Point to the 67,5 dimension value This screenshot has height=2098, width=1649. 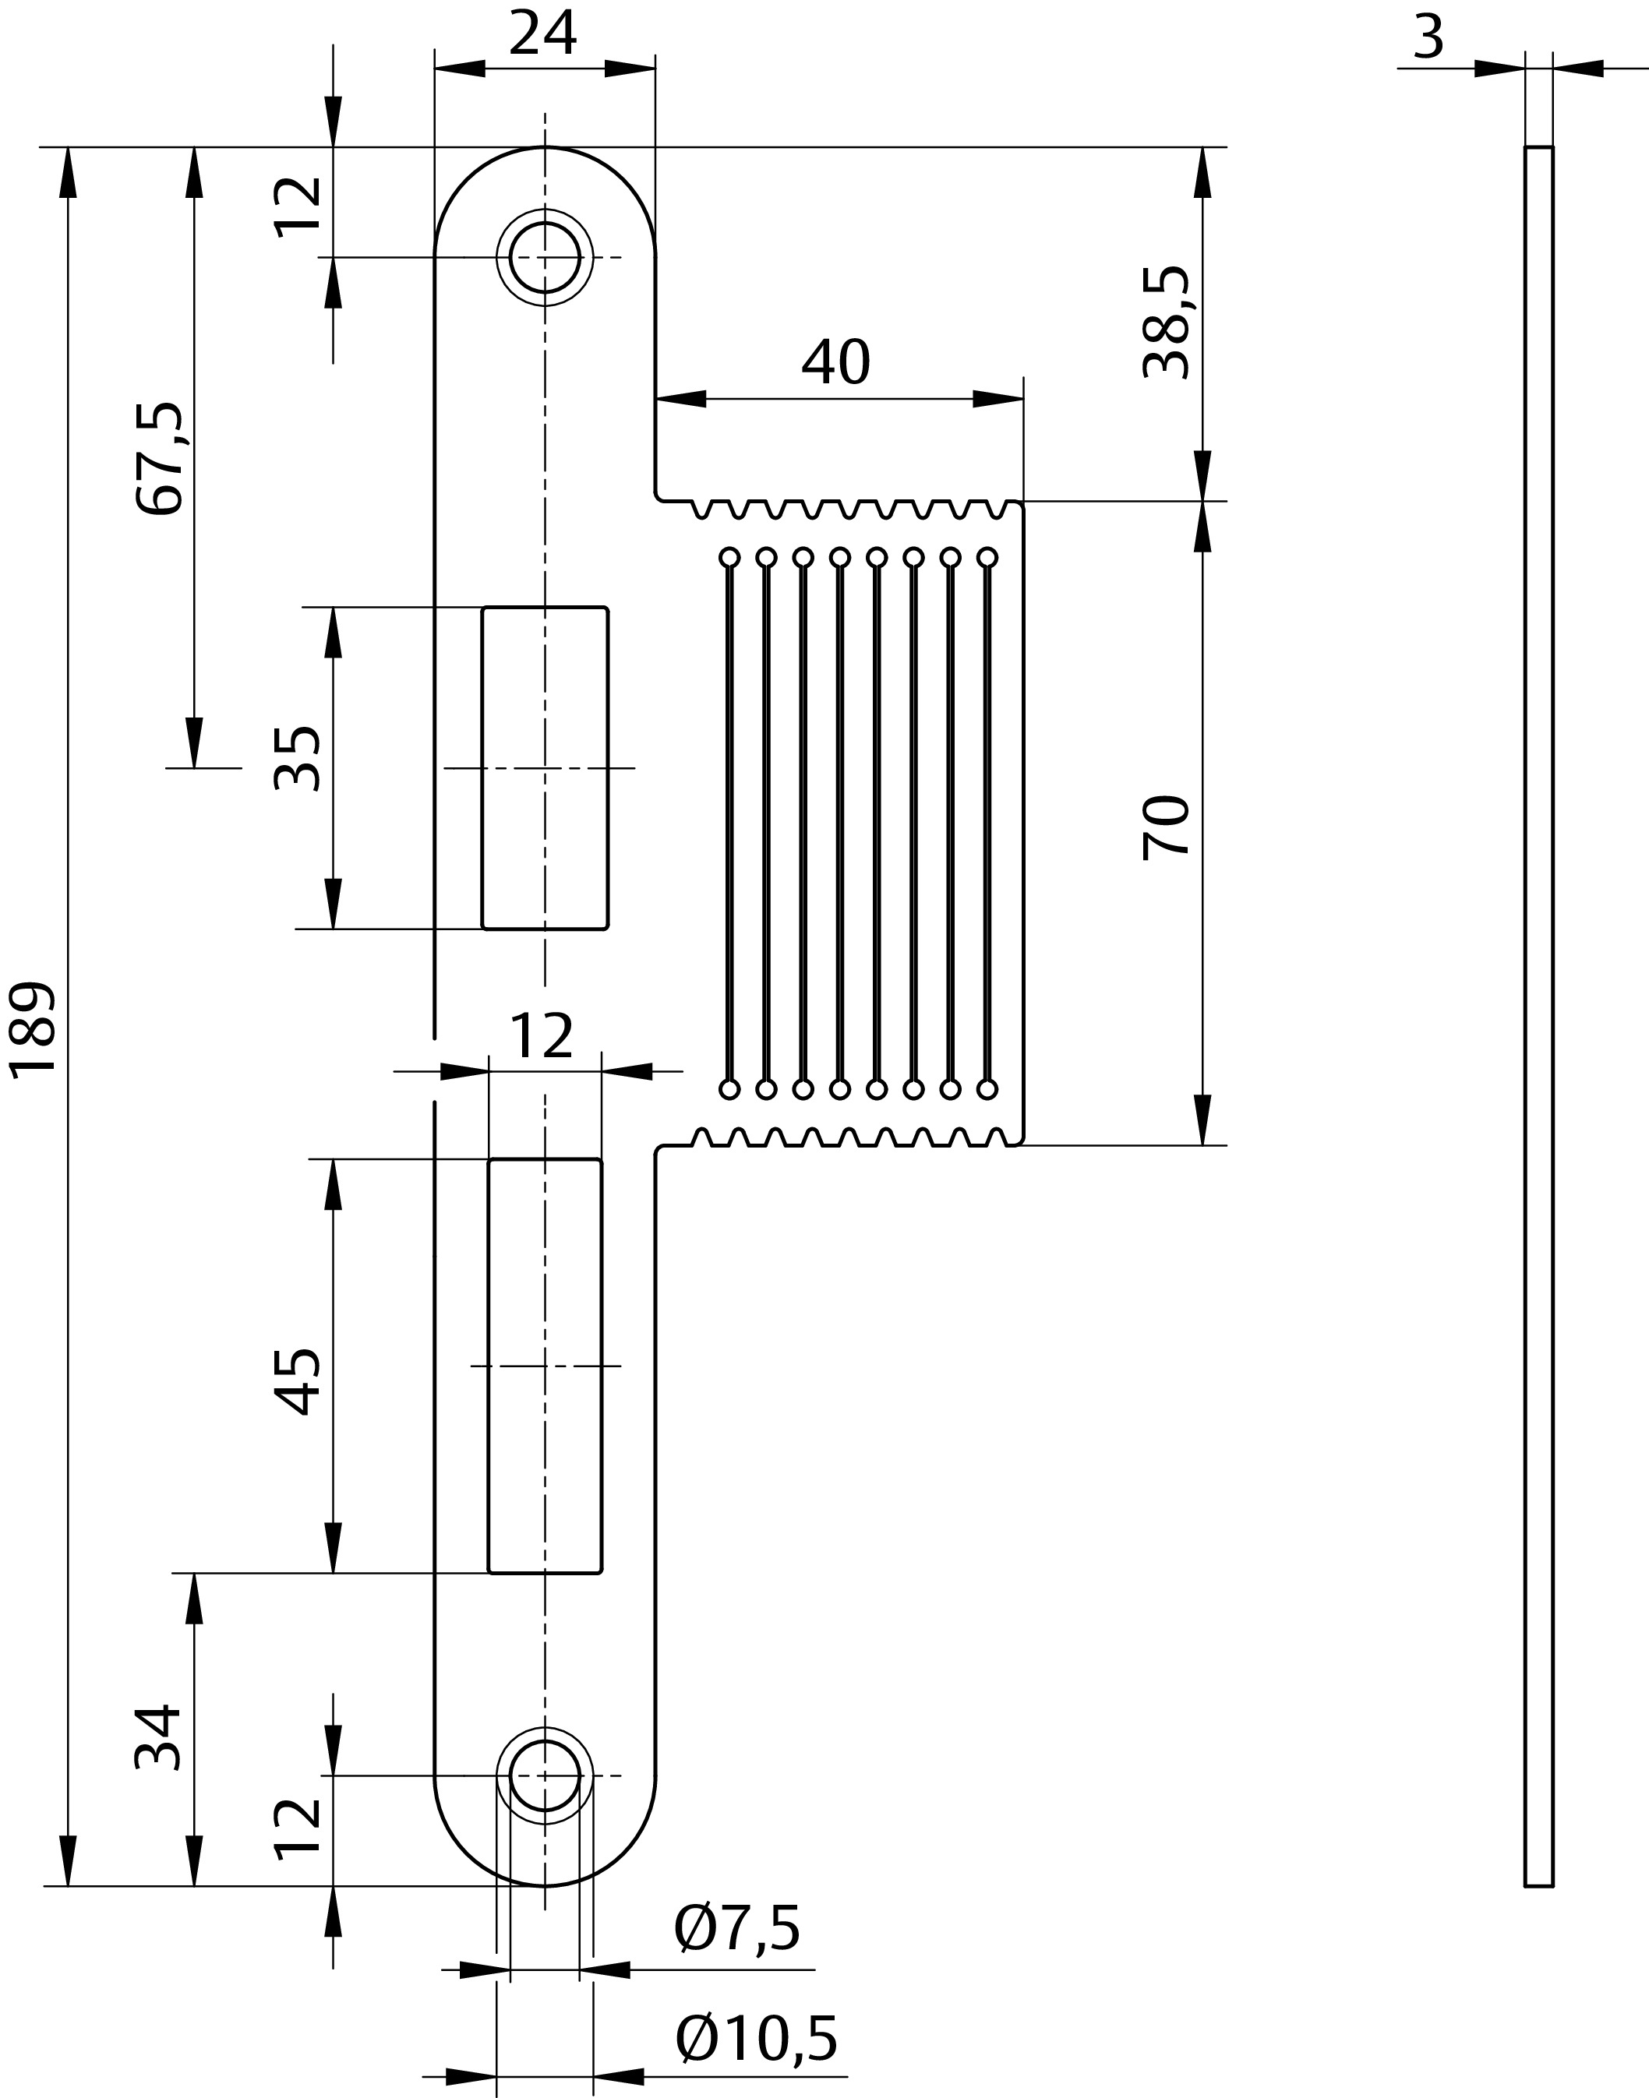tap(159, 457)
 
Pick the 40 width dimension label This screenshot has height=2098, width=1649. tap(836, 362)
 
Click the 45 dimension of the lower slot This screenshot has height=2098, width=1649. tap(296, 1381)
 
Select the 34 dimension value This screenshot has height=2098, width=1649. tap(158, 1737)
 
